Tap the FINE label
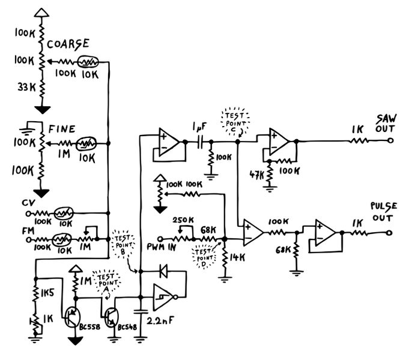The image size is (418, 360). pyautogui.click(x=61, y=128)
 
